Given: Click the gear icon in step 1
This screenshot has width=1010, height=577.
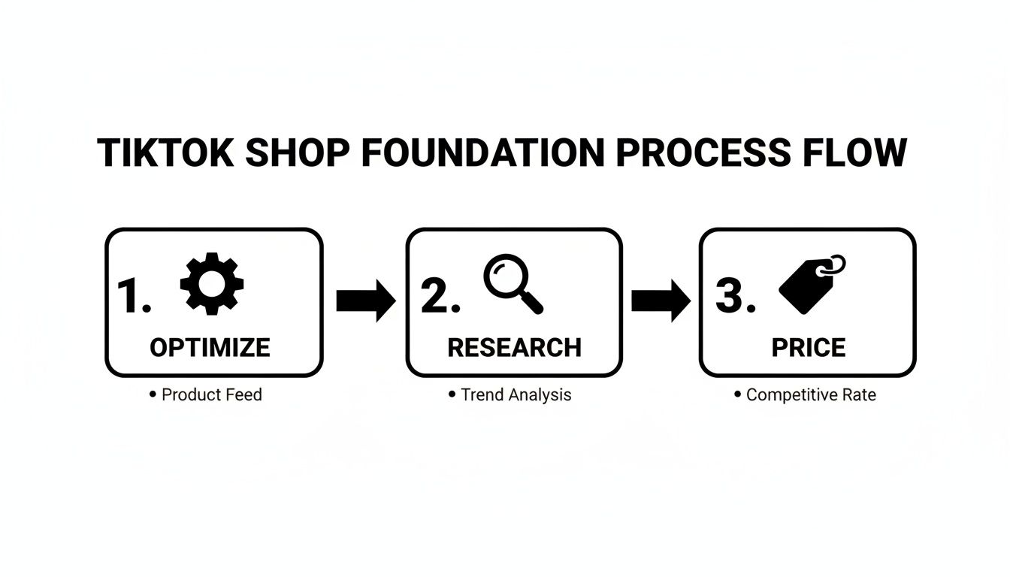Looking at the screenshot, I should [211, 283].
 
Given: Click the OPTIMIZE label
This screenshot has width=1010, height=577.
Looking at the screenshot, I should [210, 347].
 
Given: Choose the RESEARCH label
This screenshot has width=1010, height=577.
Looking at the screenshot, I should [514, 347].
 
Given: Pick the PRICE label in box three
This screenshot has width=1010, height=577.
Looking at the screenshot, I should [809, 347].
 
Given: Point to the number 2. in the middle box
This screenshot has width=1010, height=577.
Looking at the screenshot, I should [440, 297].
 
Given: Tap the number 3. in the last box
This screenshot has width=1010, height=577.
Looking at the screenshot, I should [735, 297].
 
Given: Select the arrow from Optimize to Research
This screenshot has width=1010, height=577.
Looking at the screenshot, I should [365, 301].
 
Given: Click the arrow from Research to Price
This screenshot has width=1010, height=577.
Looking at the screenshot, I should [661, 301].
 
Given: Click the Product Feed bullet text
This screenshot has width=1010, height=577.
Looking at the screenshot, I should [211, 394].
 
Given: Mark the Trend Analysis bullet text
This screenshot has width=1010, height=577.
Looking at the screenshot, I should [516, 394].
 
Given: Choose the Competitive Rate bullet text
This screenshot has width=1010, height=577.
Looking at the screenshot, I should [810, 394].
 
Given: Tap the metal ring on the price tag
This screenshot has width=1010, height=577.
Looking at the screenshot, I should [834, 265].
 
